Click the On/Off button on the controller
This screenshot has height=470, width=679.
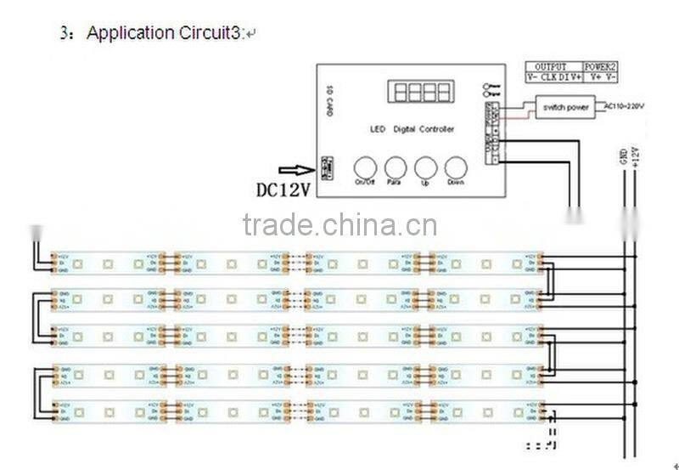pyautogui.click(x=363, y=167)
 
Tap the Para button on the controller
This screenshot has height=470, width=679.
pyautogui.click(x=395, y=167)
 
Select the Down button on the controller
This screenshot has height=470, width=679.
pyautogui.click(x=457, y=167)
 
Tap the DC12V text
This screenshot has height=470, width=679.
pyautogui.click(x=283, y=190)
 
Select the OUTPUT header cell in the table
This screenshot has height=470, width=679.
pyautogui.click(x=550, y=66)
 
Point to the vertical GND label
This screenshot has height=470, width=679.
pyautogui.click(x=624, y=156)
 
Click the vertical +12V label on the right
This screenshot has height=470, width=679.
pyautogui.click(x=636, y=156)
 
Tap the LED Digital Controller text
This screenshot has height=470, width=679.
pyautogui.click(x=412, y=129)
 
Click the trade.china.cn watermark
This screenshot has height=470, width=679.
pyautogui.click(x=339, y=225)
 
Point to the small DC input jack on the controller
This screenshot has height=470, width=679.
pyautogui.click(x=326, y=165)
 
